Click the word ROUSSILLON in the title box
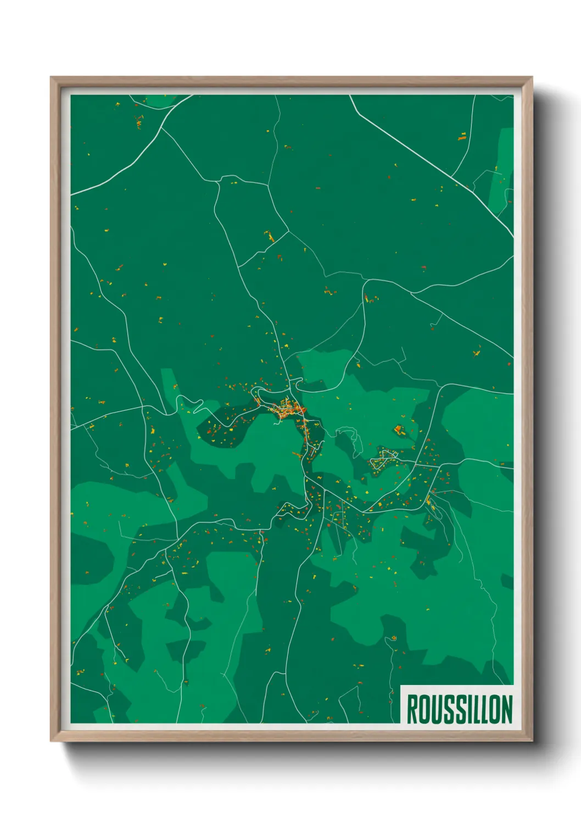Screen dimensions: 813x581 459,709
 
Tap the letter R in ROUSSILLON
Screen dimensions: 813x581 412,709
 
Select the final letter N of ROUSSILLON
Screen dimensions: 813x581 506,709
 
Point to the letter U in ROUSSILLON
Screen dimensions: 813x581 434,709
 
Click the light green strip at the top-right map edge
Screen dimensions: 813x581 502,170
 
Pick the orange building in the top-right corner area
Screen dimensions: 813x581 462,136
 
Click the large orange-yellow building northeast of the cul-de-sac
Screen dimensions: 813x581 398,429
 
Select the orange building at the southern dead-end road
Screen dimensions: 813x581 393,638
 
